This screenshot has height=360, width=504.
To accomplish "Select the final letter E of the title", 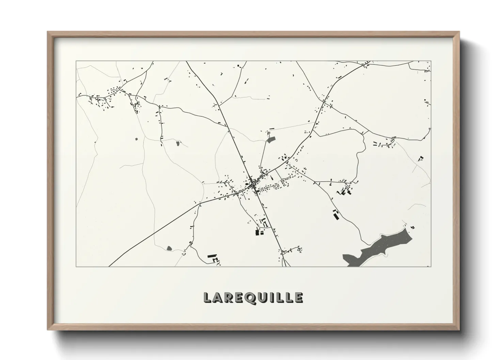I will pos(298,297).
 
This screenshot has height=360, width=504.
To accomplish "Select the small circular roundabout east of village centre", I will pos(276,186).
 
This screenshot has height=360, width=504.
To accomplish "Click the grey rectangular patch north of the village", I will pos(271,139).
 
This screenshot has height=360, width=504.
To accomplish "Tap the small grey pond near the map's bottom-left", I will pos(169,248).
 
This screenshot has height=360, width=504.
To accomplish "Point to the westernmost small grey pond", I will pos(137,139).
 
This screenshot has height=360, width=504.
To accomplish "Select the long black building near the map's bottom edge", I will pos(212,255).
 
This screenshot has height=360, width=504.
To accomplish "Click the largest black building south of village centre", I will pos(257,233).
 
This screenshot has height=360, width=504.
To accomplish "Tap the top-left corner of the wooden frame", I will pos(48,32).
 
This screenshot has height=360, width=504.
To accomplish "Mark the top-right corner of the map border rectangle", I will pos(431,61).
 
